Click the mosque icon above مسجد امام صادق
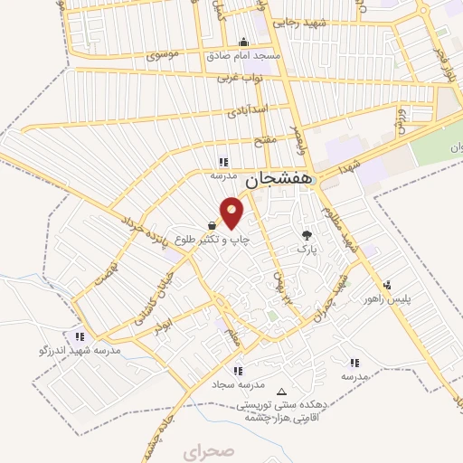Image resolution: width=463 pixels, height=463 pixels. click(x=242, y=42)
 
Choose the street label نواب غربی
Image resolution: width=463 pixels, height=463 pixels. click(x=239, y=80)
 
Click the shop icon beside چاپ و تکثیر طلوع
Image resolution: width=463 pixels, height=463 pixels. click(x=212, y=225)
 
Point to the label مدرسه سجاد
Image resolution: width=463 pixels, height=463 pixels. click(x=237, y=383)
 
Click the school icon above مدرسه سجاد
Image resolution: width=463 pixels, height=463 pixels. click(x=237, y=370)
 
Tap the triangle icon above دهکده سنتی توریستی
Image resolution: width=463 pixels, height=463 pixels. click(x=282, y=392)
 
